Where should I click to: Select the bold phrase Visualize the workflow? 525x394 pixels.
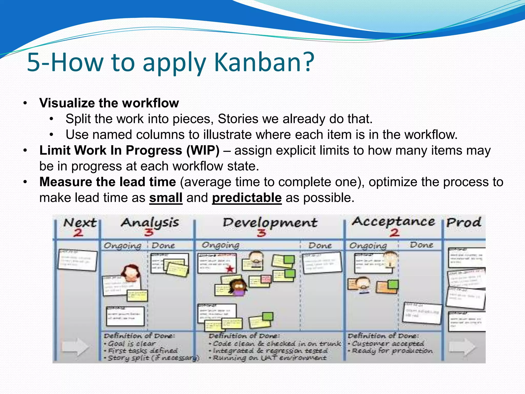[x=109, y=103]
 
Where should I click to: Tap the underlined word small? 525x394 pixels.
[x=166, y=198]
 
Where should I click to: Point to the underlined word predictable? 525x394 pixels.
[x=247, y=198]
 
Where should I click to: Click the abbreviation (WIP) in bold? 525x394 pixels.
[x=203, y=150]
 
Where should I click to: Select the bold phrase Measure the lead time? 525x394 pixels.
[x=108, y=182]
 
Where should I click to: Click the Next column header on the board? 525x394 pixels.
[x=80, y=223]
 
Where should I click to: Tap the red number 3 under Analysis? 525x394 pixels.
[x=149, y=232]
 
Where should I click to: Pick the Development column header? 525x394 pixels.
[x=270, y=222]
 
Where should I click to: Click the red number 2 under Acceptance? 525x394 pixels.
[x=395, y=233]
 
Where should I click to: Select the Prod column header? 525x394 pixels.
[x=463, y=222]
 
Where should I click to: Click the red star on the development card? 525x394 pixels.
[x=230, y=269]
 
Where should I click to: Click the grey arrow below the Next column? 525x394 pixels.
[x=75, y=347]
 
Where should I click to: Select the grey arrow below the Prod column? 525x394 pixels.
[x=462, y=347]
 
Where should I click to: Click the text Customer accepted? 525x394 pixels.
[x=388, y=343]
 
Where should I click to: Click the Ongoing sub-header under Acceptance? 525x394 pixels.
[x=368, y=245]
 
